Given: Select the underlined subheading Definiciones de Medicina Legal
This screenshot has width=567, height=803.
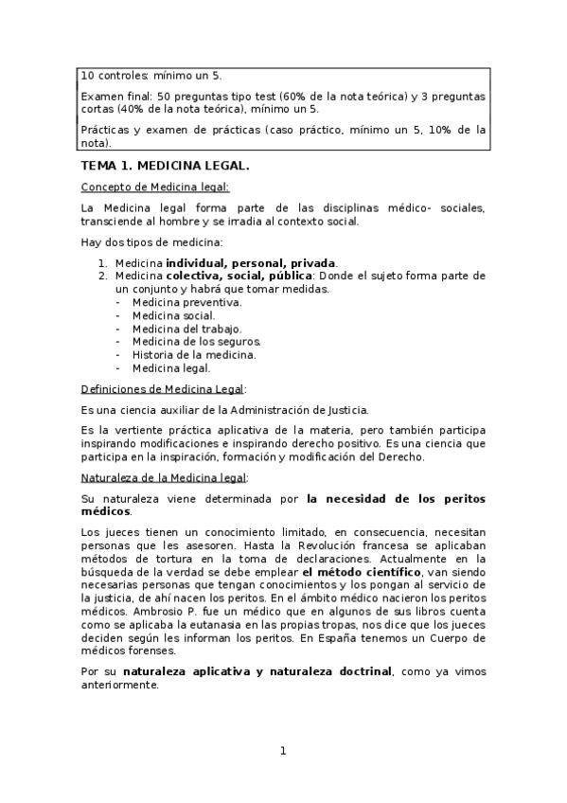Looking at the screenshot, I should click(x=163, y=388).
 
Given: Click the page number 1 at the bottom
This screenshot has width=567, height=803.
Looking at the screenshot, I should click(x=282, y=751).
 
